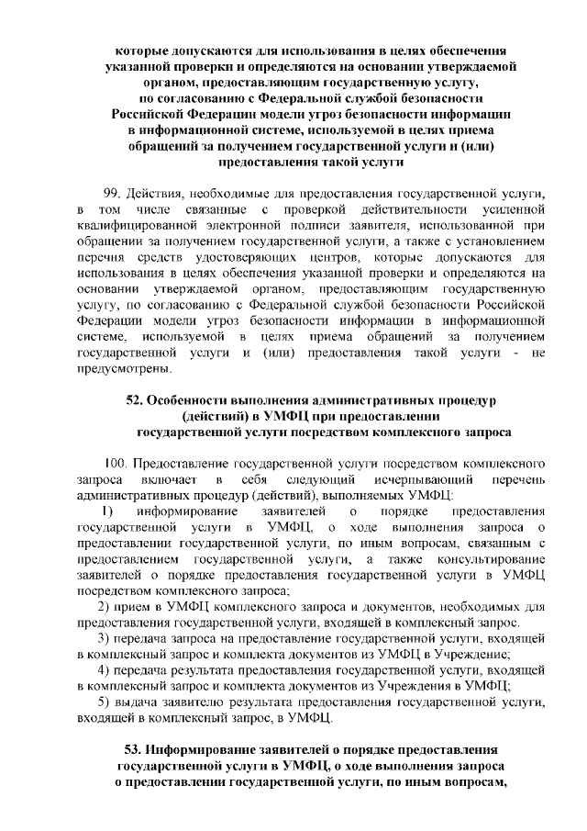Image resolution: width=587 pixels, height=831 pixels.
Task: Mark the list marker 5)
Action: pyautogui.click(x=105, y=702)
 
